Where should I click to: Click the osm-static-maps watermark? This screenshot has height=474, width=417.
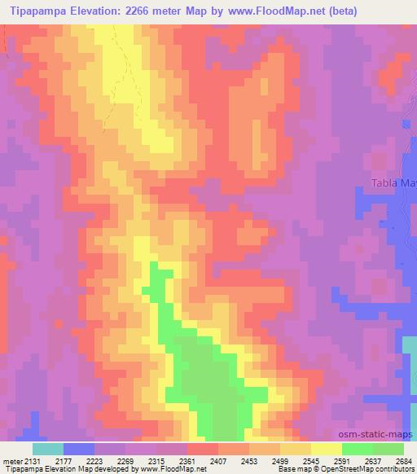click(x=378, y=432)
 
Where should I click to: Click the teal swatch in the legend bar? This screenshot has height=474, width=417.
click(x=48, y=449)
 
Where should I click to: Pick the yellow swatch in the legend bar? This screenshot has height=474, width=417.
click(x=327, y=449)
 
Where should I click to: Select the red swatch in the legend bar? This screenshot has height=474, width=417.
click(x=203, y=449)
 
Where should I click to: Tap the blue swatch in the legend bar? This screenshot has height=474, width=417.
click(x=79, y=449)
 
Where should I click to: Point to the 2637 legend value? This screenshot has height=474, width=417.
click(x=373, y=460)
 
